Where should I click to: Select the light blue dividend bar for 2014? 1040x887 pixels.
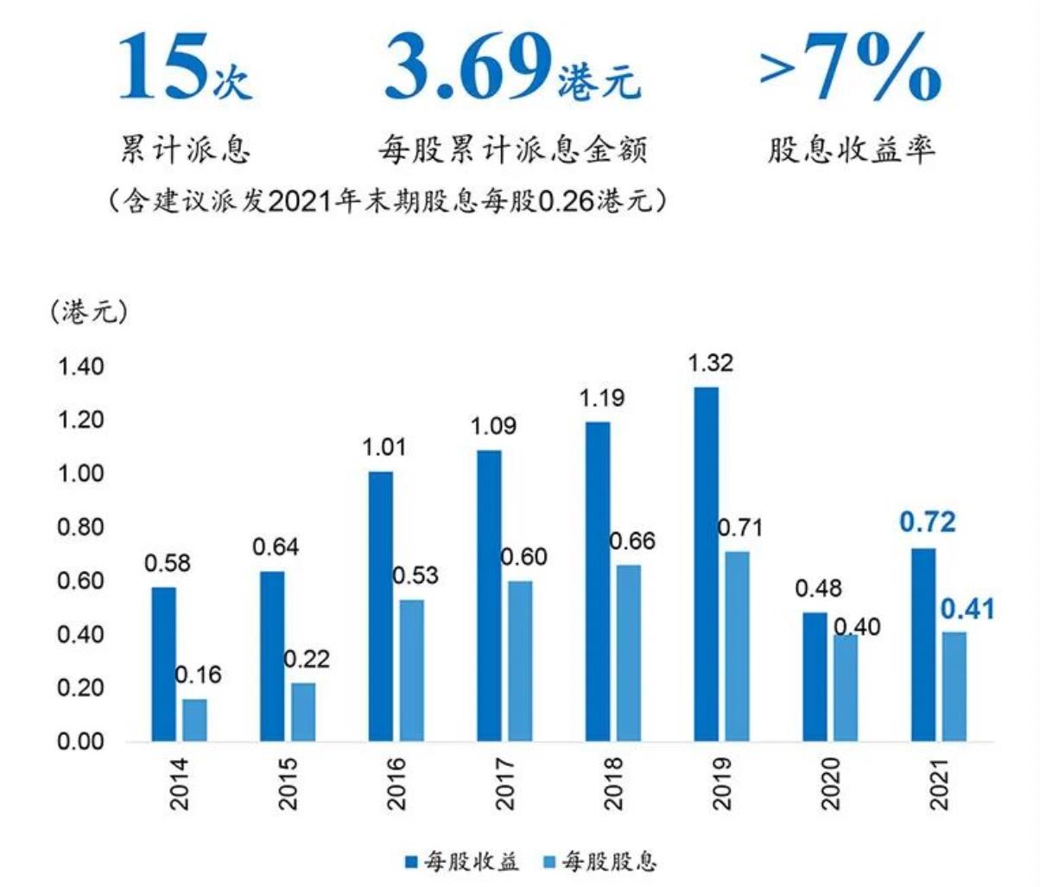195,719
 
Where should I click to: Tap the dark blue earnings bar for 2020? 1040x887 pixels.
815,676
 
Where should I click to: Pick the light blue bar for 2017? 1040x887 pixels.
521,661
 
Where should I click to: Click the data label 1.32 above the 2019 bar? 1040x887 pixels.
710,363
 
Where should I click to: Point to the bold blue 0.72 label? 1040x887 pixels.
928,523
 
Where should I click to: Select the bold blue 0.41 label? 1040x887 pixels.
967,609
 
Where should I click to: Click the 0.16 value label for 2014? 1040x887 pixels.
198,675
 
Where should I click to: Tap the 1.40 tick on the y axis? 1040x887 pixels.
79,366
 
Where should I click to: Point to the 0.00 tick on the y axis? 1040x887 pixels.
79,741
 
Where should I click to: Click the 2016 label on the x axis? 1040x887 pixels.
396,783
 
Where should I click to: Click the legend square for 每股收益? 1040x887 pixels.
411,861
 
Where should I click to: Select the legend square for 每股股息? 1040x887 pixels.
549,861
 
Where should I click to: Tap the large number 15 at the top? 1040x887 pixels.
162,67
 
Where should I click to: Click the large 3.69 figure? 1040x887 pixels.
467,67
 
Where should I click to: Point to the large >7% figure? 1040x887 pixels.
850,67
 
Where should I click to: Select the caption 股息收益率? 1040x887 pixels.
851,150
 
